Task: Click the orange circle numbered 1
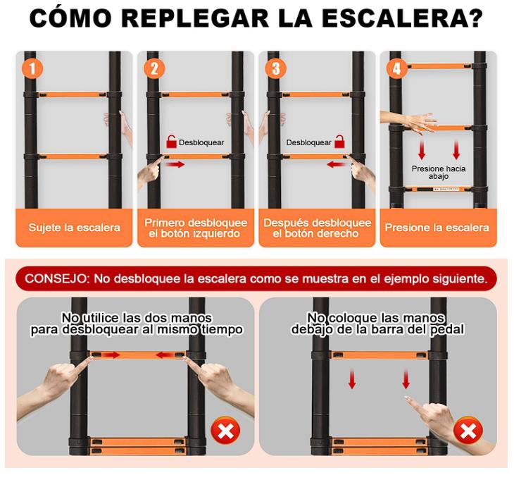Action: [32, 68]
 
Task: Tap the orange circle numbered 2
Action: [154, 68]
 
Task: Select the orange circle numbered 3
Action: [276, 68]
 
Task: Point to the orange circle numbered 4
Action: [396, 68]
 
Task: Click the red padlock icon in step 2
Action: [171, 142]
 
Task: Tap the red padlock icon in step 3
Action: [339, 142]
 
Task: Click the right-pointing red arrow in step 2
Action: [175, 164]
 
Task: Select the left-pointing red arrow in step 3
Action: [336, 164]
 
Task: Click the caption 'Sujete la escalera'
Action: [74, 228]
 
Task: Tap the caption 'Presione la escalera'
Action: [437, 228]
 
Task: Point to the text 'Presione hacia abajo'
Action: [438, 172]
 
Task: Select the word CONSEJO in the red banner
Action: [55, 278]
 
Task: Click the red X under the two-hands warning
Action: [225, 431]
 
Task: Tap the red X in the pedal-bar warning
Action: [468, 431]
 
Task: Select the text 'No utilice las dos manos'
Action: [137, 318]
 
